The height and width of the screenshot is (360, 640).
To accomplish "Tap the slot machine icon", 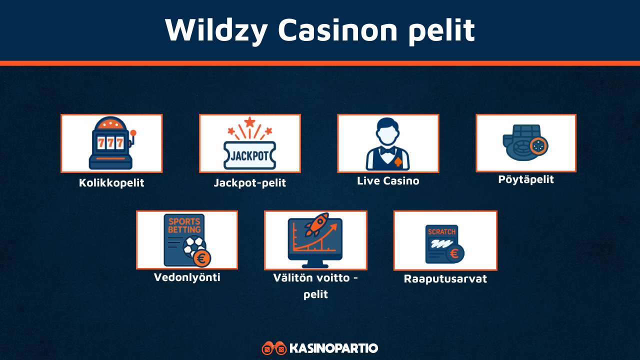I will pos(111,143).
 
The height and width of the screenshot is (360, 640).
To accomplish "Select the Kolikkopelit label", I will pos(111,183).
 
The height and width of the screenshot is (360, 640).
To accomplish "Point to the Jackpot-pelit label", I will pos(249,183).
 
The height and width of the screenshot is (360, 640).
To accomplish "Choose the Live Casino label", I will pos(388,181).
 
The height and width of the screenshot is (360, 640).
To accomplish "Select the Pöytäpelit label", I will pos(526,179).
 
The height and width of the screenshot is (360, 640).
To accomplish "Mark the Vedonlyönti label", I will pos(187,277).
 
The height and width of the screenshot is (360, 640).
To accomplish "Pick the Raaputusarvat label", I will pos(445,279).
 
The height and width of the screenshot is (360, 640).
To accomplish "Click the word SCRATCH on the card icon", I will pos(441,232).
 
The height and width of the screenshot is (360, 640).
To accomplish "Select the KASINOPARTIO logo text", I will pos(333,348).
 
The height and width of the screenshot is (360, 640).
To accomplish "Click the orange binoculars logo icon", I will pos(274,348).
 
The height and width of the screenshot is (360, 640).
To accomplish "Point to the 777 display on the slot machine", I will pos(110,142).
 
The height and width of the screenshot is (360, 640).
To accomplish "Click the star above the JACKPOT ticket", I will pos(249,121).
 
